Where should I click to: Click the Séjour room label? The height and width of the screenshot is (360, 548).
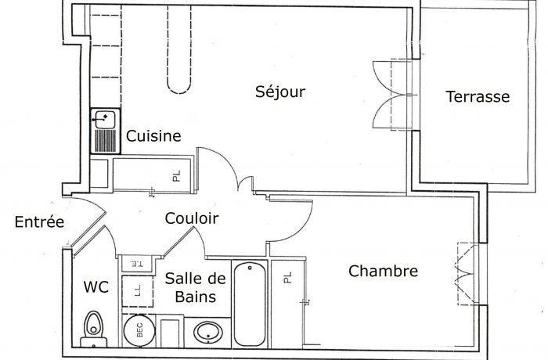[280, 92]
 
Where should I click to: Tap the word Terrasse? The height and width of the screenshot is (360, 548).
[478, 97]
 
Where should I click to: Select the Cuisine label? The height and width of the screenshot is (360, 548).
[153, 136]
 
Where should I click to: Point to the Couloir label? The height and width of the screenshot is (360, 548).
[191, 219]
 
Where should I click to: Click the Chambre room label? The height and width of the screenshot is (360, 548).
[383, 272]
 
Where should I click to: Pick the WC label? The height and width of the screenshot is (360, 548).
[96, 287]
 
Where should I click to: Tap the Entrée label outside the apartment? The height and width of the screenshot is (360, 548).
[39, 222]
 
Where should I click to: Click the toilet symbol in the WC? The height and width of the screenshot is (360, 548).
[94, 327]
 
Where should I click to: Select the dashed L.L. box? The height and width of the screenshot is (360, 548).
[138, 290]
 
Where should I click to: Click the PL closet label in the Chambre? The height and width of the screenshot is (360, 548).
[287, 278]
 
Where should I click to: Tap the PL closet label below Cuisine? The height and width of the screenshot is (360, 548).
[177, 176]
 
